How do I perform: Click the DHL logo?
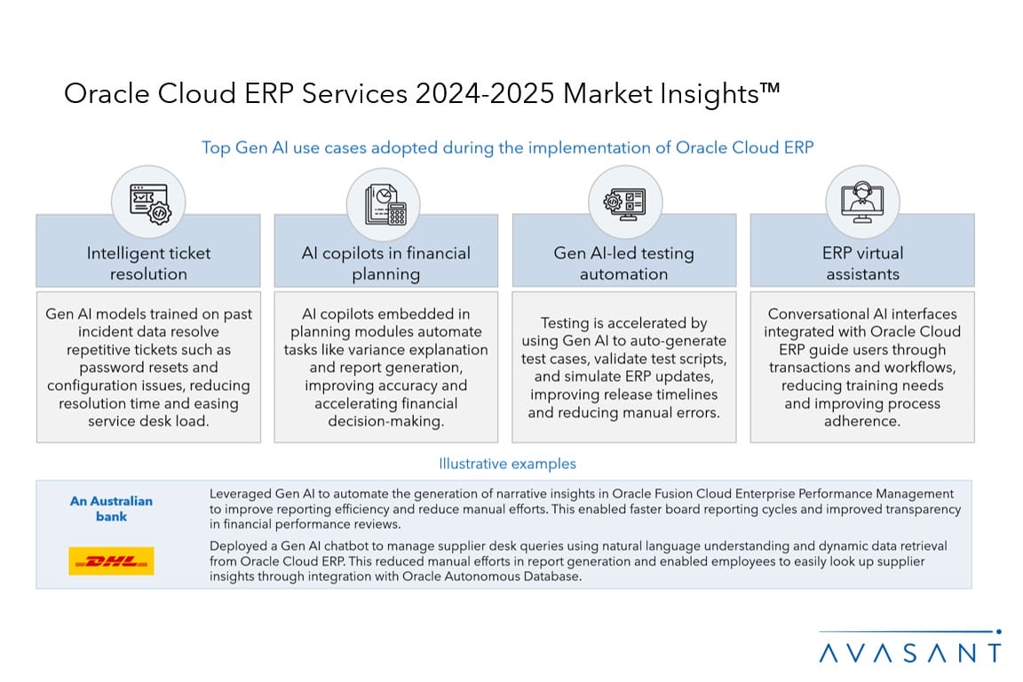(x=111, y=560)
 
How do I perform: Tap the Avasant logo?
(x=910, y=646)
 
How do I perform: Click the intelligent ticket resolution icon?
(x=150, y=203)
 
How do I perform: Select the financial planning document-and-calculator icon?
(x=385, y=204)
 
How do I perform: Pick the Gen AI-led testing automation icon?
(x=624, y=203)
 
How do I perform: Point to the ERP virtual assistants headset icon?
(x=862, y=202)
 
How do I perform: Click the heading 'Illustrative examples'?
(x=508, y=464)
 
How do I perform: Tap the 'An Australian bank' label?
(x=112, y=509)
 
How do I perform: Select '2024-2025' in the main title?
(x=485, y=93)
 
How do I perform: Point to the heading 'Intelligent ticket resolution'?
(x=149, y=263)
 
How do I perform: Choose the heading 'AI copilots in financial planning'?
(x=385, y=263)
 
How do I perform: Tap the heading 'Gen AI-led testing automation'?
(x=623, y=263)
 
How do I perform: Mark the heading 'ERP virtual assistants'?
(x=862, y=263)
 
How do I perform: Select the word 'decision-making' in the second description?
(x=385, y=422)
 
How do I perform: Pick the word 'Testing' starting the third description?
(x=565, y=323)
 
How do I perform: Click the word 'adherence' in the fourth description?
(x=862, y=422)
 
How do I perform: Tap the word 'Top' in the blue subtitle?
(x=215, y=148)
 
